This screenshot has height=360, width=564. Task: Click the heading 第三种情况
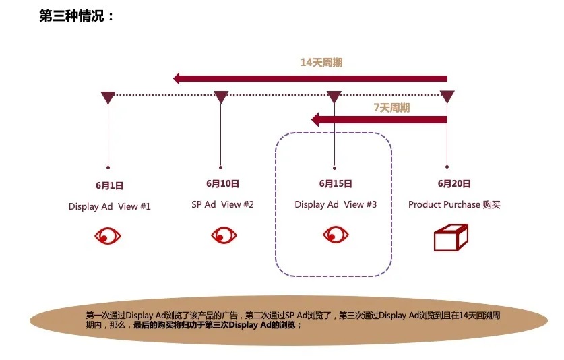(x=71, y=16)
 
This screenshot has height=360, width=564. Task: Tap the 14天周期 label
(x=321, y=63)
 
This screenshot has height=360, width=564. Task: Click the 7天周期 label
(x=391, y=108)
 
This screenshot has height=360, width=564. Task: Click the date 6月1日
(x=109, y=186)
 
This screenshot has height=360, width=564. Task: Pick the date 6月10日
(x=222, y=183)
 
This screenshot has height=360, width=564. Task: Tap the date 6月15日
(x=336, y=183)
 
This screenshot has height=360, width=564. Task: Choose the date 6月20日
(x=454, y=183)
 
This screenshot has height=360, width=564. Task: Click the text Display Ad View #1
(x=109, y=206)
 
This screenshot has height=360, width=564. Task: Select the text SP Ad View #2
(x=222, y=204)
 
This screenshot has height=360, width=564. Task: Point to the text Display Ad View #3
(x=336, y=204)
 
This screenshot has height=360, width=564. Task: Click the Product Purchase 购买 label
(x=454, y=204)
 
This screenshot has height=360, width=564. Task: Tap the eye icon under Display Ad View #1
(x=108, y=236)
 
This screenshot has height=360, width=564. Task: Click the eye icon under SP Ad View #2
(x=224, y=235)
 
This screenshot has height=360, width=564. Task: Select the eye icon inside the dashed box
(x=336, y=235)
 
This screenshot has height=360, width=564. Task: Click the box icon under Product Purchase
(x=451, y=237)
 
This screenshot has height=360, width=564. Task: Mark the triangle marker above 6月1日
(x=108, y=96)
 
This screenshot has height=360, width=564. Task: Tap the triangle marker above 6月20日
(x=447, y=96)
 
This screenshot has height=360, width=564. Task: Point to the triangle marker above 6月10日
(x=221, y=96)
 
